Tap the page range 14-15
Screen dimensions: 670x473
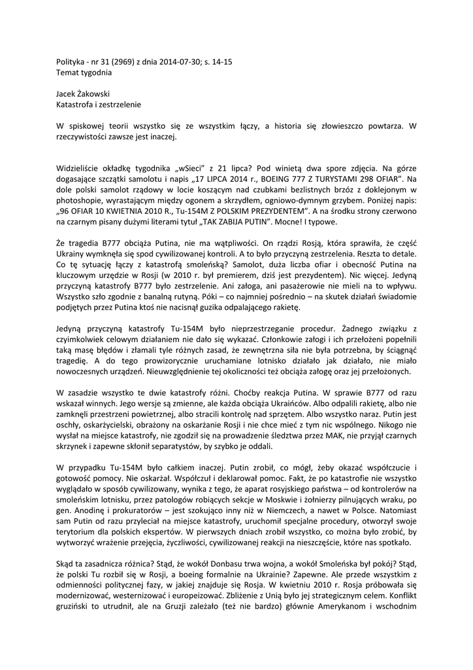coord(219,61)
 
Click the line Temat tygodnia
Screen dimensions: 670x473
coord(80,71)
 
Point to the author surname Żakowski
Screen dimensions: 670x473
coord(91,93)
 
